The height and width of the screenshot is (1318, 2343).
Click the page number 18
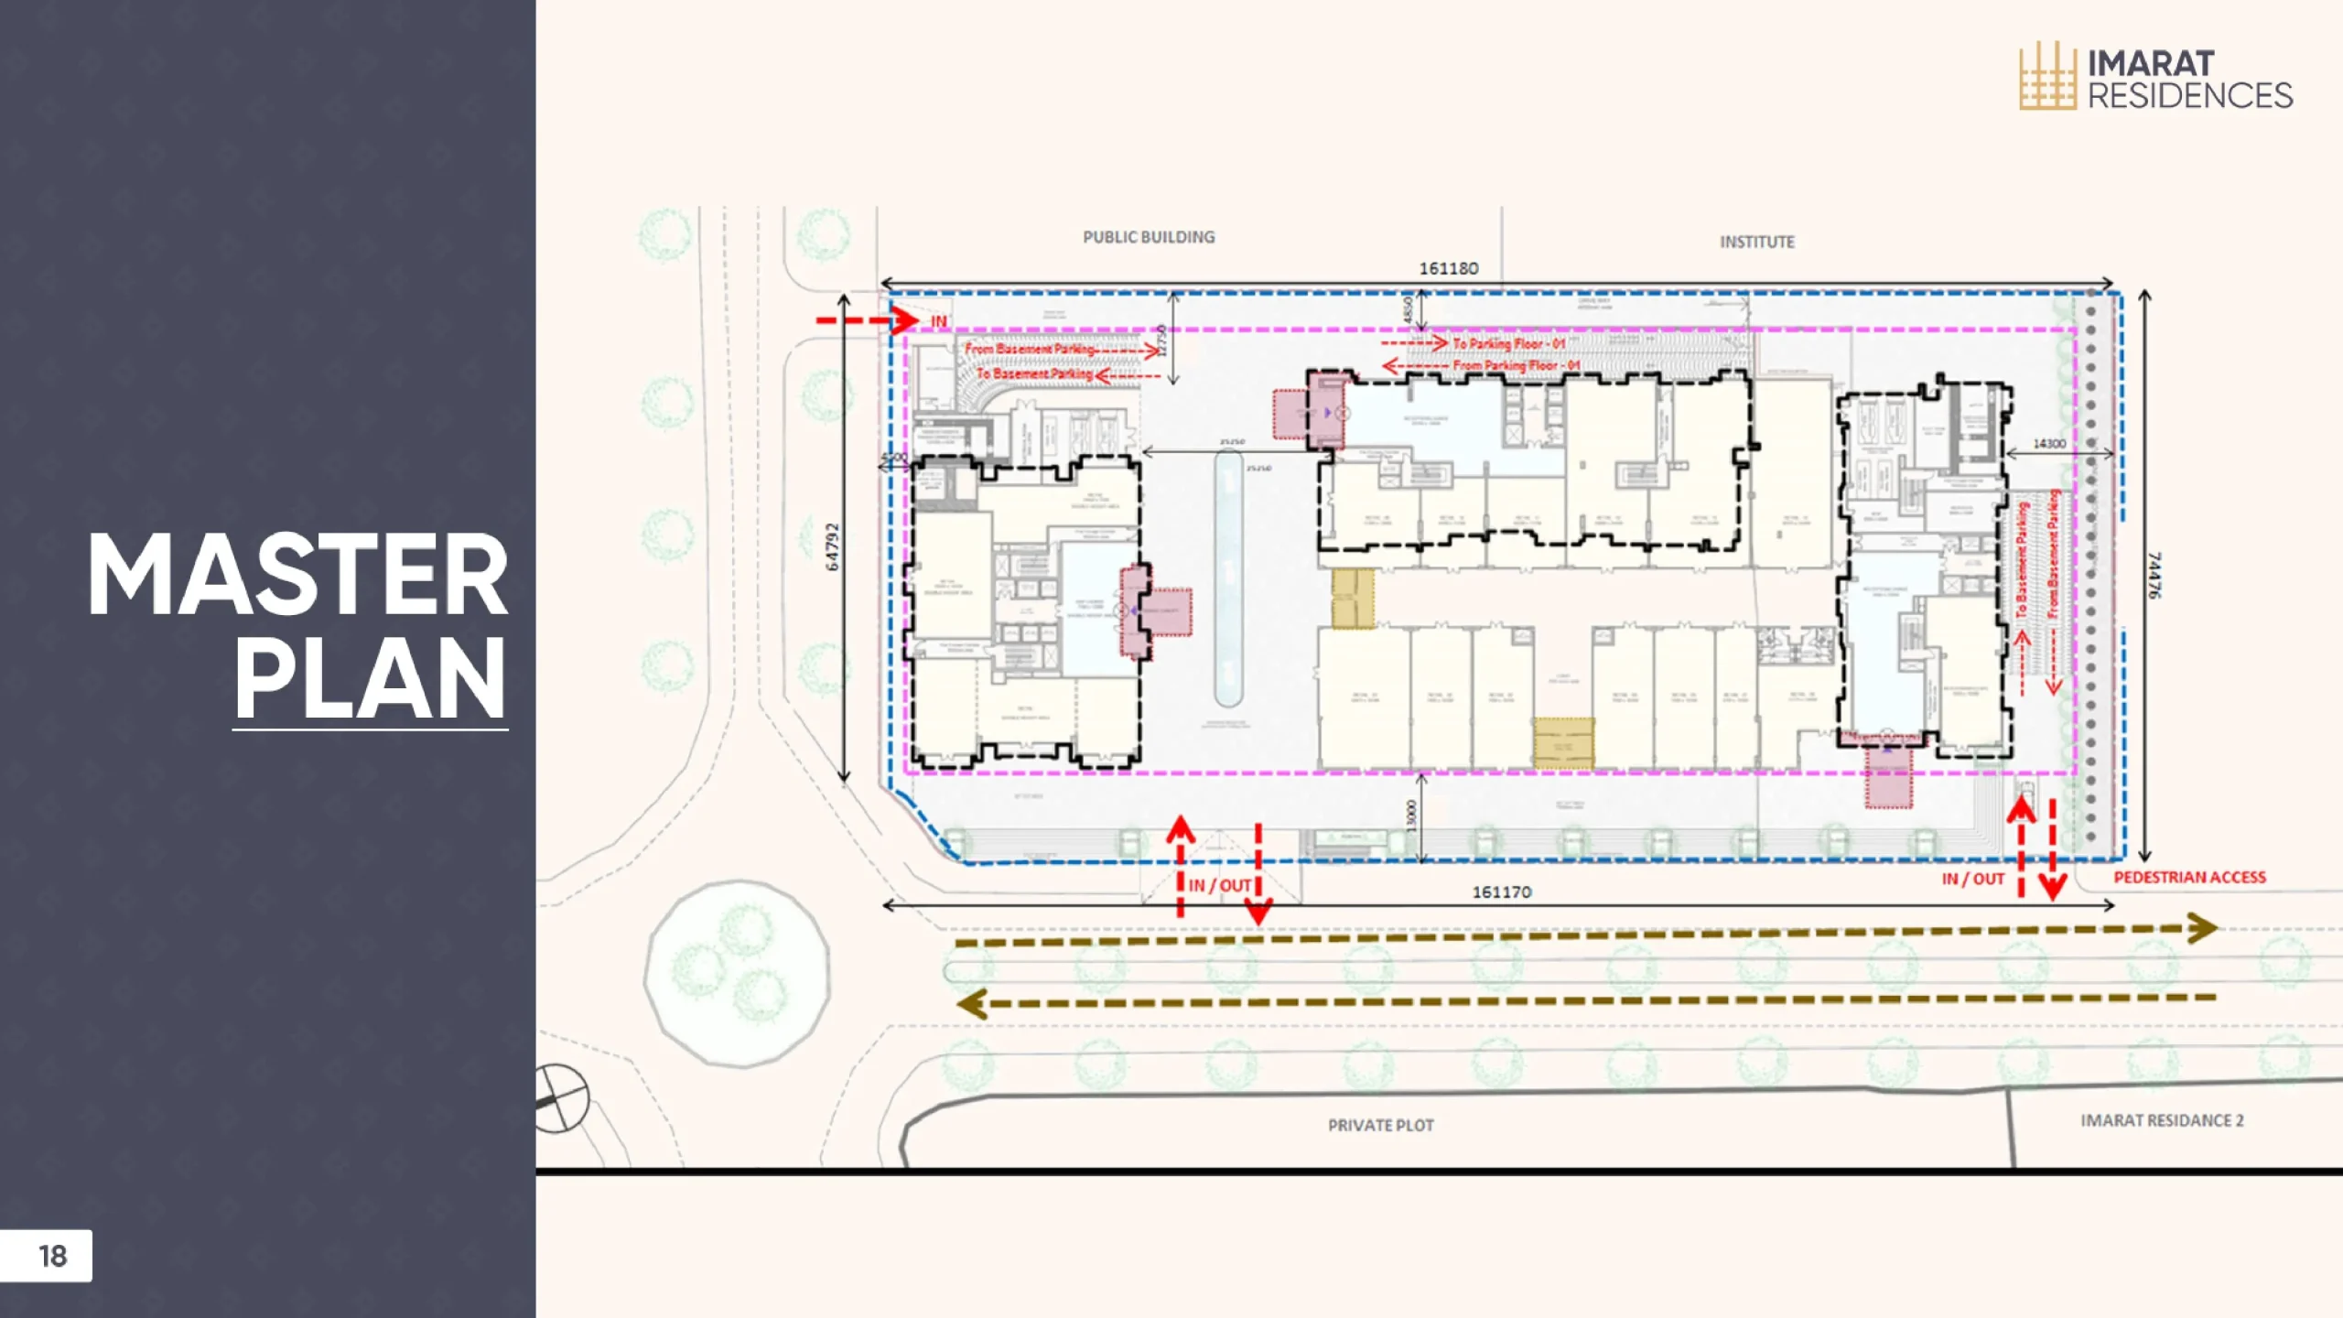pyautogui.click(x=52, y=1256)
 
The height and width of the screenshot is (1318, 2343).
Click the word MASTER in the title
pyautogui.click(x=297, y=577)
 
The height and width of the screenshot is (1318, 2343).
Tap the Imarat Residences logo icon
pyautogui.click(x=2046, y=77)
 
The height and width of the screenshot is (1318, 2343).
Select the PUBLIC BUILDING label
pyautogui.click(x=1149, y=237)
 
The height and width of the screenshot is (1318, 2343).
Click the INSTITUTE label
pyautogui.click(x=1756, y=243)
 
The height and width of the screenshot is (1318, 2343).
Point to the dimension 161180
pyautogui.click(x=1448, y=268)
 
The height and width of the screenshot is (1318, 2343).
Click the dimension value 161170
pyautogui.click(x=1501, y=891)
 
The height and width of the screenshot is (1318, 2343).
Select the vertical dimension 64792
pyautogui.click(x=832, y=546)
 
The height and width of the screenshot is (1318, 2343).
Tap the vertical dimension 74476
pyautogui.click(x=2154, y=575)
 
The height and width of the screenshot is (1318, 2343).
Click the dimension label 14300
pyautogui.click(x=2049, y=444)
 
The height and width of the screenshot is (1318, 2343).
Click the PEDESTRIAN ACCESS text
pyautogui.click(x=2189, y=877)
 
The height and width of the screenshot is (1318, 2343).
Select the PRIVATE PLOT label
pyautogui.click(x=1380, y=1125)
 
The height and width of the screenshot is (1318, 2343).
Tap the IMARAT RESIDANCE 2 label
pyautogui.click(x=2162, y=1120)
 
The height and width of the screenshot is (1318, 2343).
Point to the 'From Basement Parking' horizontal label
pyautogui.click(x=1029, y=349)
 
